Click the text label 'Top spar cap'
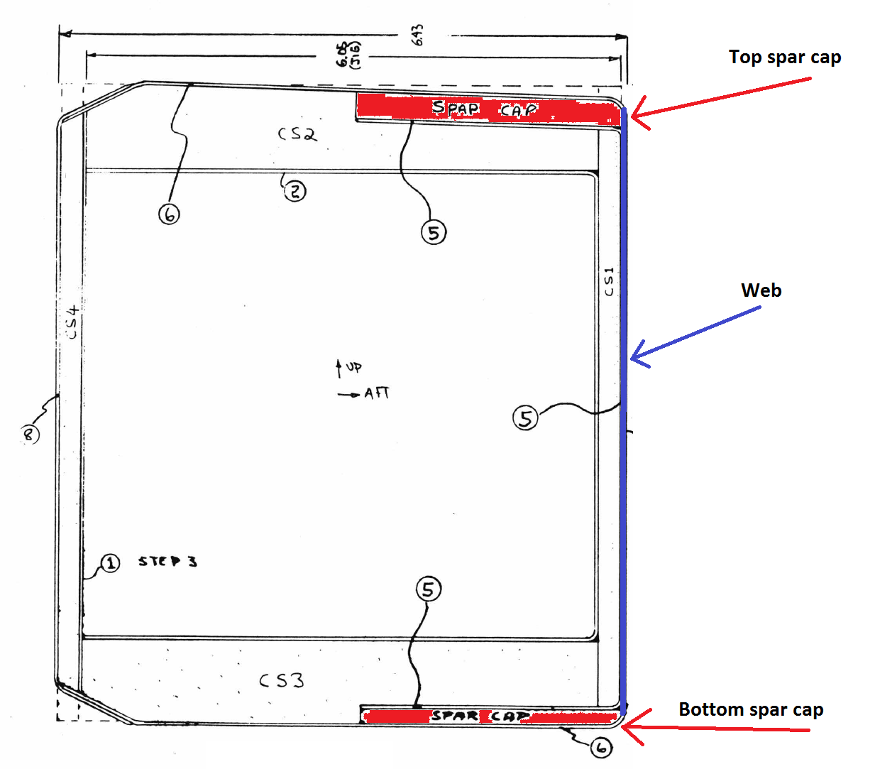tap(784, 57)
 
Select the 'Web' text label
tap(761, 290)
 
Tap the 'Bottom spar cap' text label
tap(751, 709)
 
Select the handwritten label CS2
tap(297, 133)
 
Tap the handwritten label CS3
tap(282, 680)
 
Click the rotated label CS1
tap(609, 282)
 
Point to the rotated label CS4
tap(72, 322)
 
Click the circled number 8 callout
tap(29, 433)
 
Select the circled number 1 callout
tap(110, 563)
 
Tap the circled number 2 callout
tap(295, 190)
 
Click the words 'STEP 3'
tap(167, 562)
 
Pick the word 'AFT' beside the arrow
tap(377, 393)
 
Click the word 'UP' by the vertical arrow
tap(354, 367)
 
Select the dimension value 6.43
tap(417, 34)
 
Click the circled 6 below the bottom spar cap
tap(601, 747)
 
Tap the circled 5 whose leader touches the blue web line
tap(525, 418)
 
